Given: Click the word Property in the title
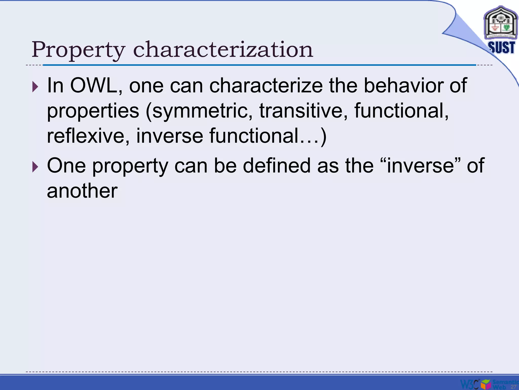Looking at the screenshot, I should (x=79, y=50).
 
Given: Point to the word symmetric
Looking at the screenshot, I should (x=200, y=111).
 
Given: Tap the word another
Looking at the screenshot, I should (x=82, y=191).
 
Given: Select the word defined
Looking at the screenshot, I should (x=276, y=166).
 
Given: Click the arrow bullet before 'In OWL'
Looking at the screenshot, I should (x=35, y=87).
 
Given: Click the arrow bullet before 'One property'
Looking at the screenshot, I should (x=35, y=167).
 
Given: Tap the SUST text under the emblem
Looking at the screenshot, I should (x=501, y=47).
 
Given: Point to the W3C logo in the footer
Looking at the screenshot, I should (x=470, y=384).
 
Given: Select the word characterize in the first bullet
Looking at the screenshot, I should (x=266, y=86).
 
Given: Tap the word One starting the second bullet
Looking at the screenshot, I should (x=66, y=166).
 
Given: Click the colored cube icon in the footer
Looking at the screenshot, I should (x=486, y=384).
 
